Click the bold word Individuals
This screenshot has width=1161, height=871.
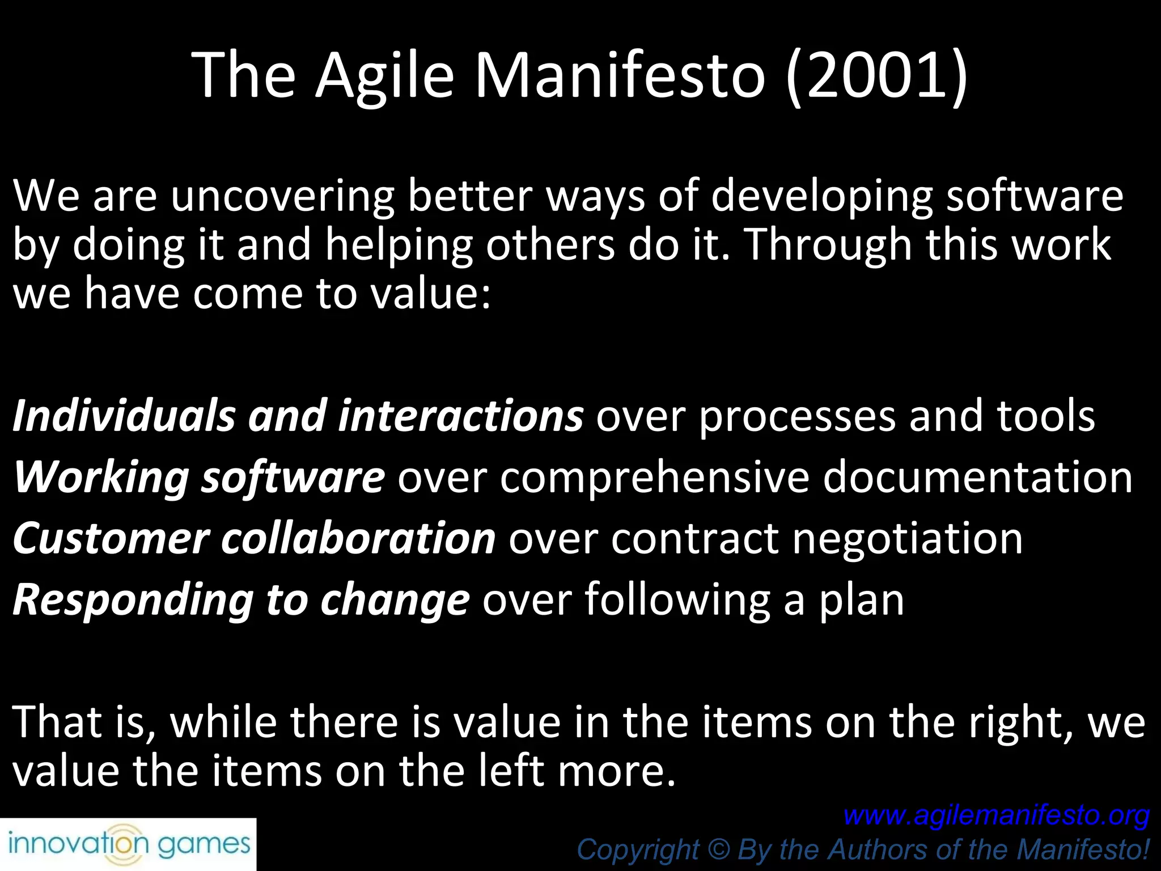tap(124, 416)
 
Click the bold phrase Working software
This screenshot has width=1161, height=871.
tap(199, 477)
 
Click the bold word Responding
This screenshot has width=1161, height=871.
tap(133, 600)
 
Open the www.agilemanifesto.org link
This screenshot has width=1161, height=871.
tap(996, 815)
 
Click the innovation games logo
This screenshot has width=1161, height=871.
tap(128, 845)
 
